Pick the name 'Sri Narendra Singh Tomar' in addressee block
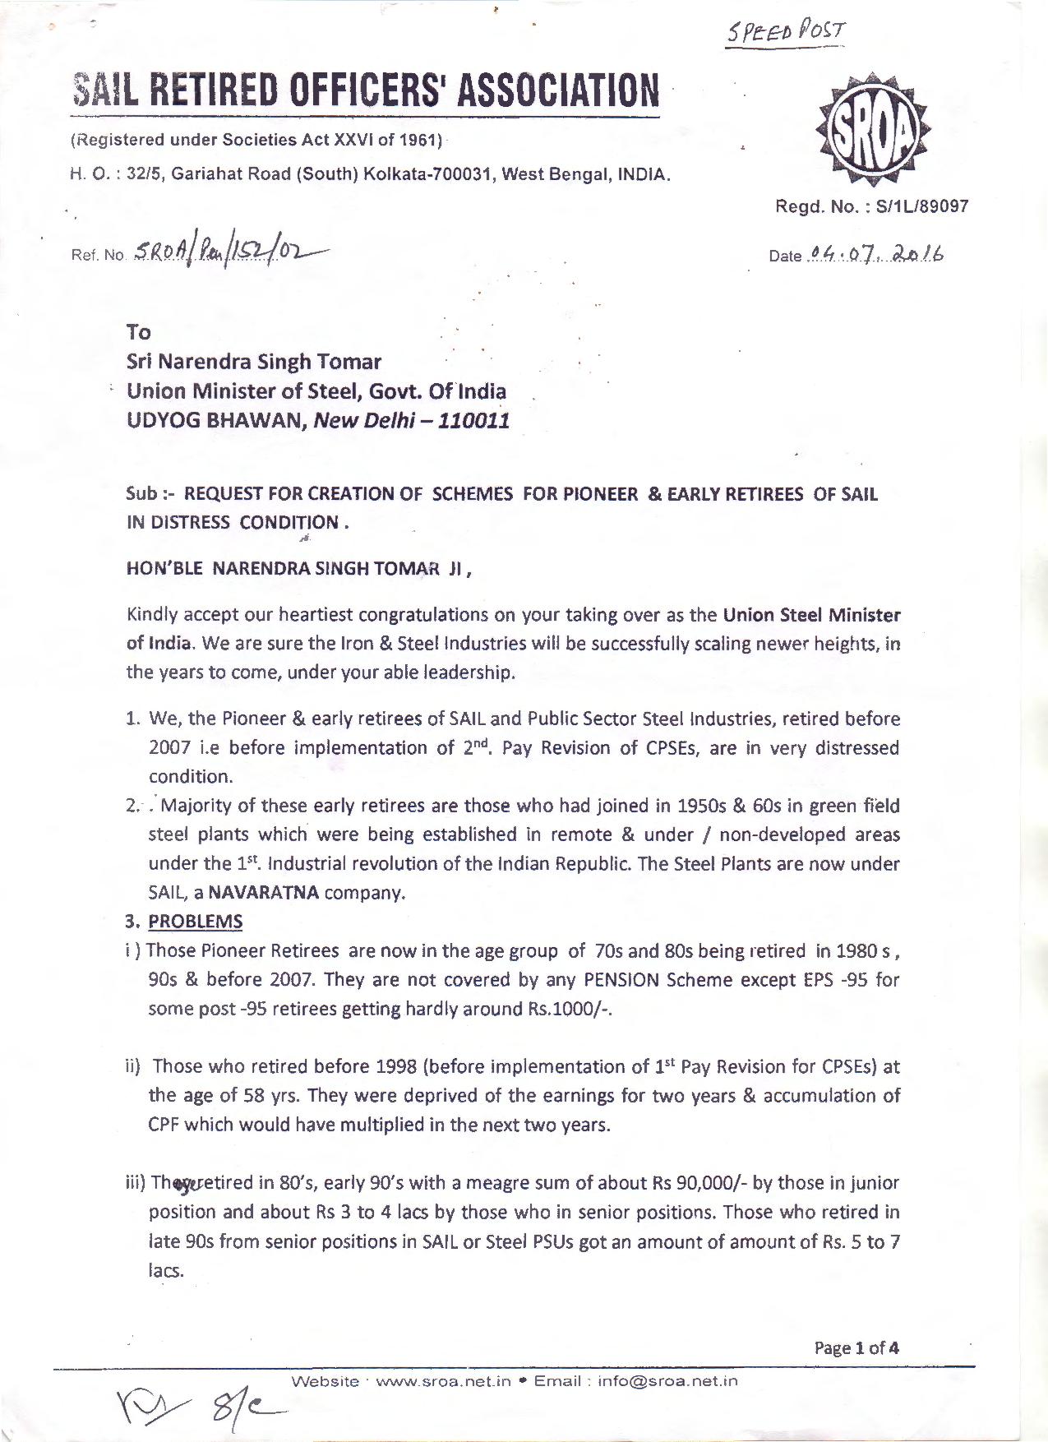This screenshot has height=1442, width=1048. pos(254,362)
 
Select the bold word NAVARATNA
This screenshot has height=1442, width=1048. pos(264,893)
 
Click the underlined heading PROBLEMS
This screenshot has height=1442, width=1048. pos(195,922)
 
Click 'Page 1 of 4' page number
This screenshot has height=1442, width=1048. pos(856,1347)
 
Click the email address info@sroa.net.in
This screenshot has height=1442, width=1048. pos(667,1381)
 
